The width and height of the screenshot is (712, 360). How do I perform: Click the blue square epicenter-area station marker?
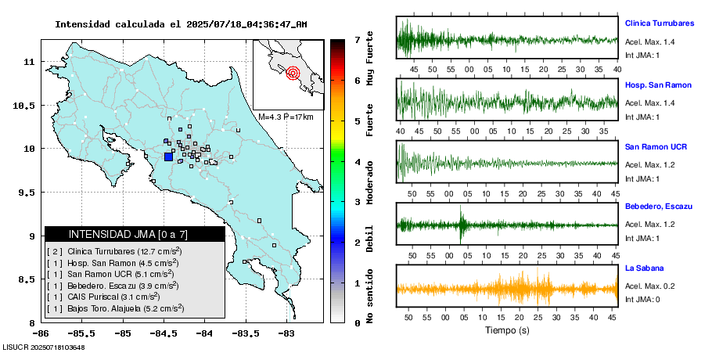(x=168, y=157)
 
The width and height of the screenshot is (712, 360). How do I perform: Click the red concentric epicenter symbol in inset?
(x=293, y=74)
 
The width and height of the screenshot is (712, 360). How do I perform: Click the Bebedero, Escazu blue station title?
(x=659, y=206)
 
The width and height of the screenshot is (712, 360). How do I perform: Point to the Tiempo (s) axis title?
(x=507, y=330)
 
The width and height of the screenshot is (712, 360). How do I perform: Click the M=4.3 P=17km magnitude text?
(x=286, y=117)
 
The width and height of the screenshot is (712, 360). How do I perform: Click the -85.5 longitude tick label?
(x=41, y=332)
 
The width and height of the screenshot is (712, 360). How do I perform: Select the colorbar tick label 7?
(x=356, y=39)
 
